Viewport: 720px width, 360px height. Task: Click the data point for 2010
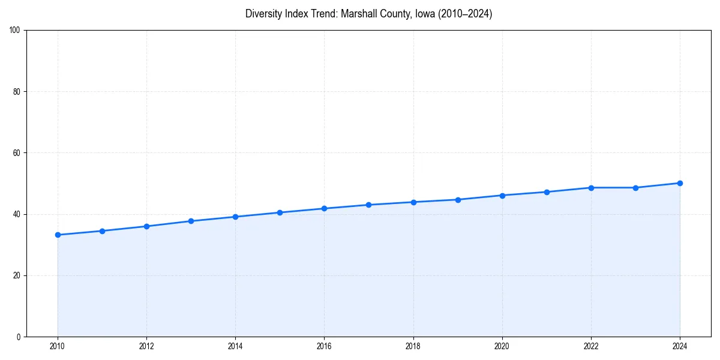[x=58, y=235]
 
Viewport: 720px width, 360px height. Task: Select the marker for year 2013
[x=191, y=221]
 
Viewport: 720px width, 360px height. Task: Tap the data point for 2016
[x=324, y=208]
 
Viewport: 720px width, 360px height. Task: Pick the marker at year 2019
[x=458, y=200]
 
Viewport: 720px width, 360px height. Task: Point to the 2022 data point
[x=591, y=188]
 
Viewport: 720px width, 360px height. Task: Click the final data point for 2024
[x=680, y=183]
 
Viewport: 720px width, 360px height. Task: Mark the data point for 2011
[x=102, y=231]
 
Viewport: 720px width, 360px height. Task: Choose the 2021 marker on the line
[x=547, y=192]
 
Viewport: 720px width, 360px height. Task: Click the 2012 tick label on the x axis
[x=146, y=346]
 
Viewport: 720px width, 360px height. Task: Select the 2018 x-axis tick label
[x=413, y=346]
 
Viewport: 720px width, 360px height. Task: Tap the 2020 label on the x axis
[x=502, y=346]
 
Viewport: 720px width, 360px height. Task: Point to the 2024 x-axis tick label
[x=680, y=346]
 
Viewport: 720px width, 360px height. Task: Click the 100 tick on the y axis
[x=16, y=31]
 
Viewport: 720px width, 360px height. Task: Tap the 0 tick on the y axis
[x=19, y=337]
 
